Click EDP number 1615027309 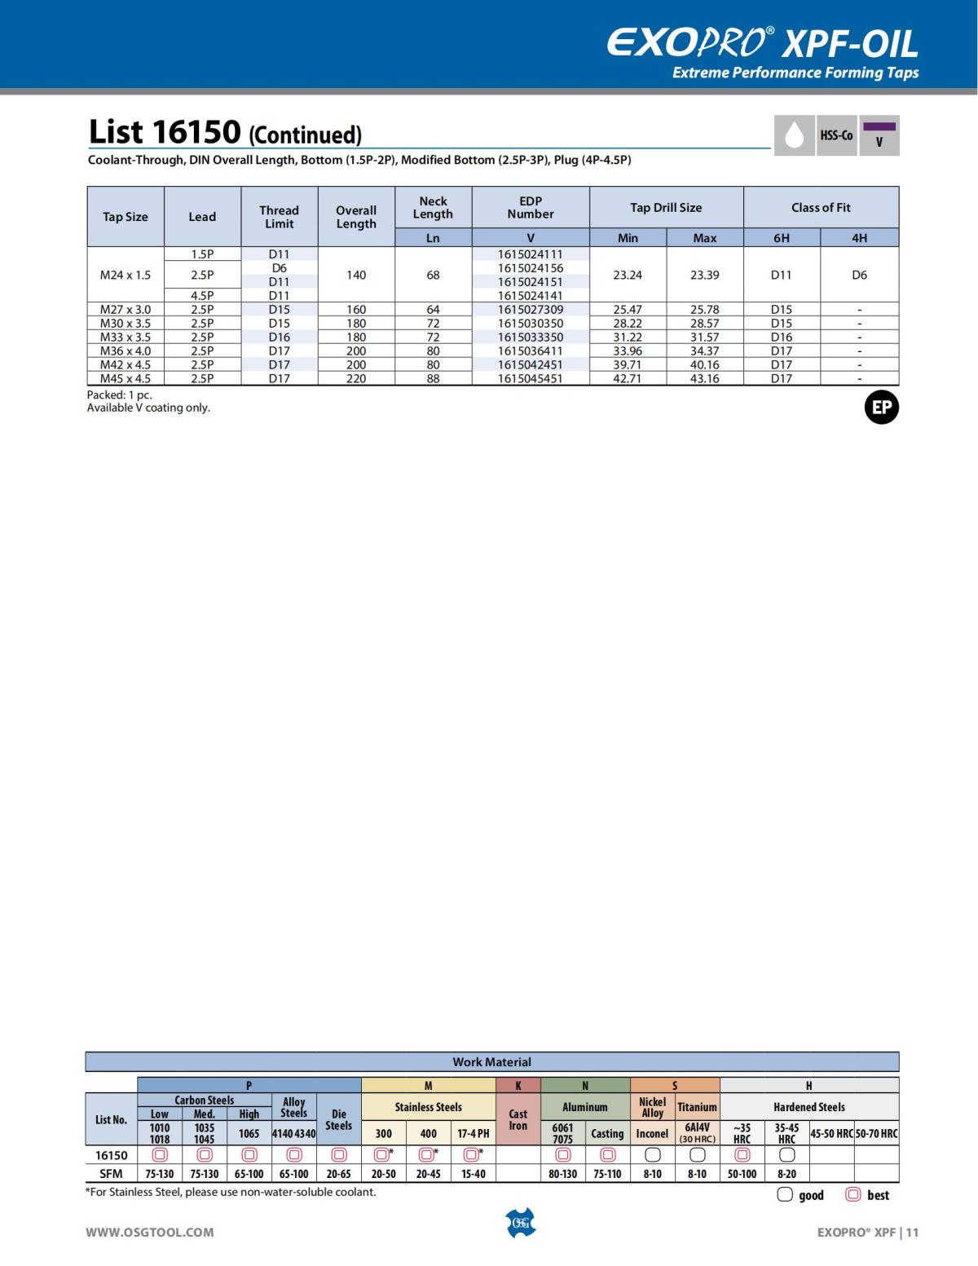point(531,310)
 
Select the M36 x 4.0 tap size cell point(126,351)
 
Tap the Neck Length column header point(433,208)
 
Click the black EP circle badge point(881,408)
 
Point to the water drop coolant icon point(794,135)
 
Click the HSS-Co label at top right point(836,135)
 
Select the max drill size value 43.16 point(705,379)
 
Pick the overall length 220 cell point(356,379)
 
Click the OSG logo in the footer point(521,1223)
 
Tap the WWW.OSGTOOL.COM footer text point(150,1233)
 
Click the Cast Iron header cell point(518,1119)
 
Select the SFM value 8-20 point(786,1175)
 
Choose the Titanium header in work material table point(697,1107)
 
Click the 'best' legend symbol point(853,1195)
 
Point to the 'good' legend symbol point(785,1195)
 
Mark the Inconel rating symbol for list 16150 point(652,1155)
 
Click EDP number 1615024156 point(531,268)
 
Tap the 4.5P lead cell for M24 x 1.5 point(202,296)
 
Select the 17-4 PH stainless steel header point(474,1134)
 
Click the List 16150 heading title point(225,133)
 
